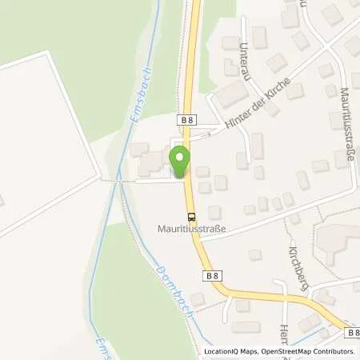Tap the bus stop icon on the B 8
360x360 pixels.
coord(191,215)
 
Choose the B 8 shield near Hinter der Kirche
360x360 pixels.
coord(185,118)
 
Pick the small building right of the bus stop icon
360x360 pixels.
coord(214,213)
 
